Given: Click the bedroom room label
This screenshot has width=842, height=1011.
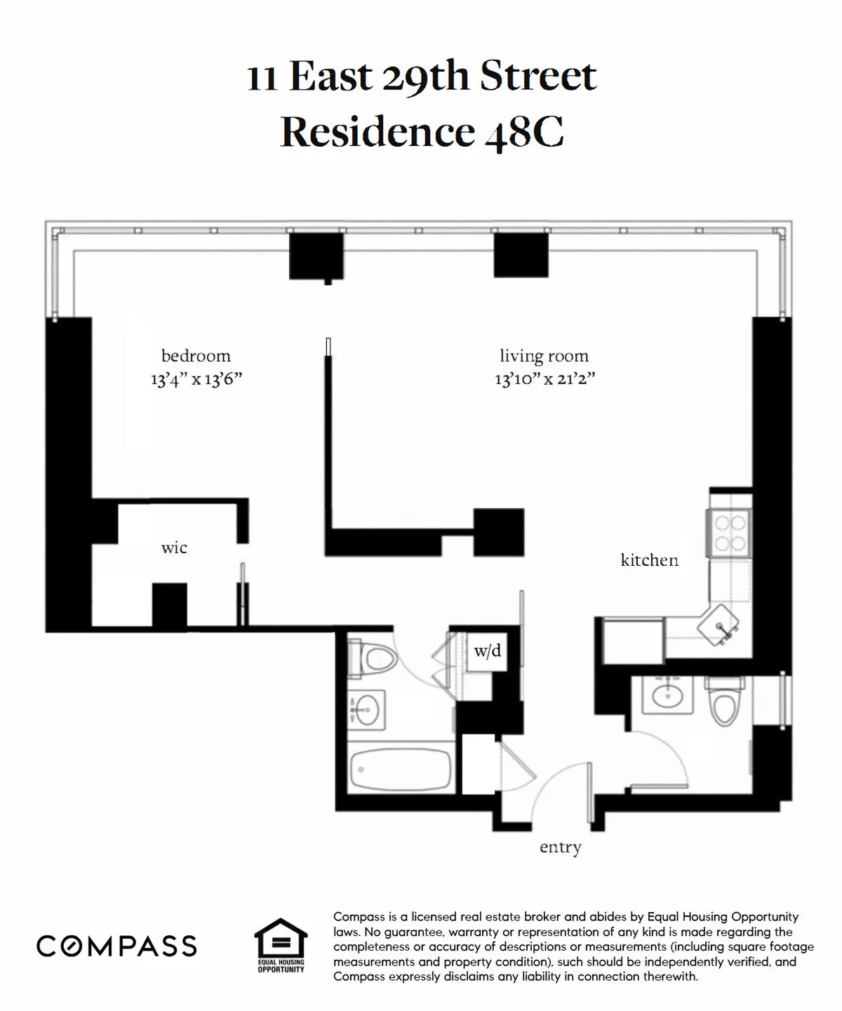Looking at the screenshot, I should (196, 356).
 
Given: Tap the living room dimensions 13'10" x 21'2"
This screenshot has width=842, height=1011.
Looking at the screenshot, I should (544, 379).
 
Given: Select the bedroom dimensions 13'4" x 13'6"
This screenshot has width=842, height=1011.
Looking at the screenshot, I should (196, 380).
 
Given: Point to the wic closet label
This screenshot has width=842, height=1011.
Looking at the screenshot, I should (174, 548).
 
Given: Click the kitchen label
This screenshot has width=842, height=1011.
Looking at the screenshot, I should (649, 560).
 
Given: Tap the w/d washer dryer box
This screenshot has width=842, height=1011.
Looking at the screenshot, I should (488, 652).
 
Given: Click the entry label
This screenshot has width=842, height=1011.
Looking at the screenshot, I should (560, 847).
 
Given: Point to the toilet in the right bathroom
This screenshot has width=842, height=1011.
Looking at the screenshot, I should (723, 702).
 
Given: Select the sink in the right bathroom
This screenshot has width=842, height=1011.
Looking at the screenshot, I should (665, 696).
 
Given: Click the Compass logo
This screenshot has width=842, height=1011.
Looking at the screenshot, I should (116, 946).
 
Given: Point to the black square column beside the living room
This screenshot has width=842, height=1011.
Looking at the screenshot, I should (499, 531).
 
